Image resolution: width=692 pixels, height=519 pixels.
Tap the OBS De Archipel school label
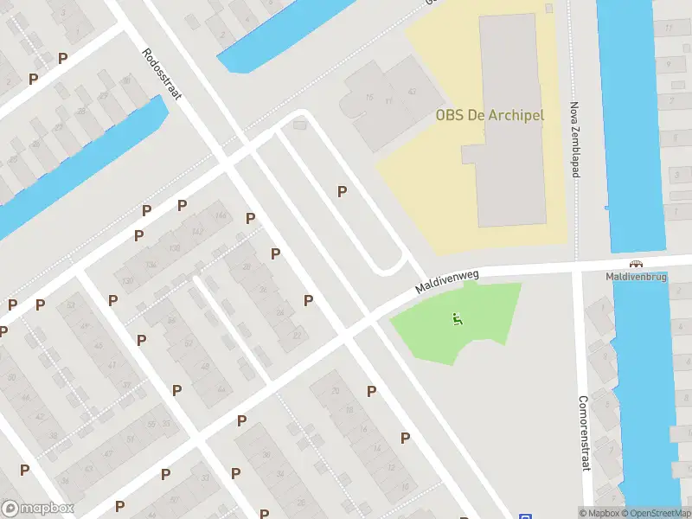point(489,115)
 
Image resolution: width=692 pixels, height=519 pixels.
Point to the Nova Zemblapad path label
point(573,138)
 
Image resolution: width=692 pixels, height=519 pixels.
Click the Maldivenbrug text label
point(636,277)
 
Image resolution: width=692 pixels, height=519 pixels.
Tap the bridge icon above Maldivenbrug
point(637,264)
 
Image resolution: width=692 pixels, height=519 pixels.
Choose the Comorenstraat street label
point(584,434)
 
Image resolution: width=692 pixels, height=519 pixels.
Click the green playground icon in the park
point(456,319)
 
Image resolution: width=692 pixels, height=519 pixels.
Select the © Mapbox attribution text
point(599,513)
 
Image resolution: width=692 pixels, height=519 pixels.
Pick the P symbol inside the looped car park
point(343,191)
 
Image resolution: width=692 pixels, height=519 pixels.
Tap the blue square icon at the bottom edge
point(525,515)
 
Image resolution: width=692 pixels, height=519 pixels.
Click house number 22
point(298,335)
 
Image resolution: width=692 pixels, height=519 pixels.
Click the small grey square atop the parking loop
point(300,126)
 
